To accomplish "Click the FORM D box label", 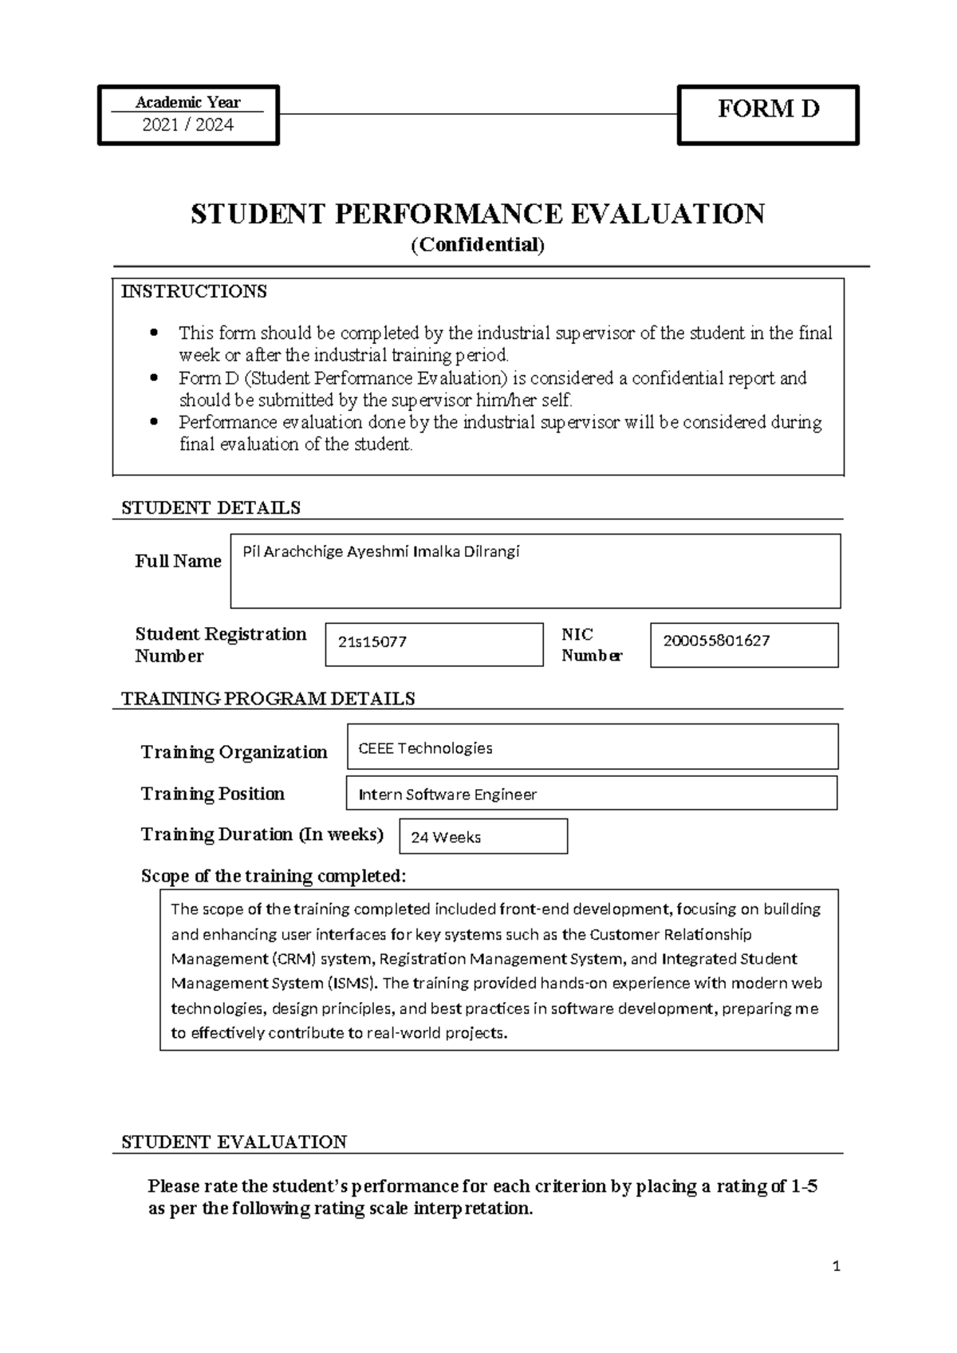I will coord(768,108).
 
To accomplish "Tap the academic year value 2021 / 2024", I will coord(187,124).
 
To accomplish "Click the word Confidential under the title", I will coord(477,245).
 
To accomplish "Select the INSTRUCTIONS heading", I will coord(194,291).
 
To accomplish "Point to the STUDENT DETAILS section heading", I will coord(211,507).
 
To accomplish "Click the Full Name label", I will coord(178,561).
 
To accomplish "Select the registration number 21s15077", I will coord(372,641).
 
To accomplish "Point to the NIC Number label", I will coord(591,645).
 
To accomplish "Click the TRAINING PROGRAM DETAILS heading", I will coord(268,699).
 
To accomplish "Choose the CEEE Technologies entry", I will coord(425,748).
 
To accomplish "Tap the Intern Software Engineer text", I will coord(447,795).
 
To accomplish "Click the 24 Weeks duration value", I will coord(445,837).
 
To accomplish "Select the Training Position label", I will coord(212,794).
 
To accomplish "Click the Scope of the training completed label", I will coord(274,876).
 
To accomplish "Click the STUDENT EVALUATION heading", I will coord(234,1142).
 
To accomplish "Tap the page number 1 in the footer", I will coord(836,1266).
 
